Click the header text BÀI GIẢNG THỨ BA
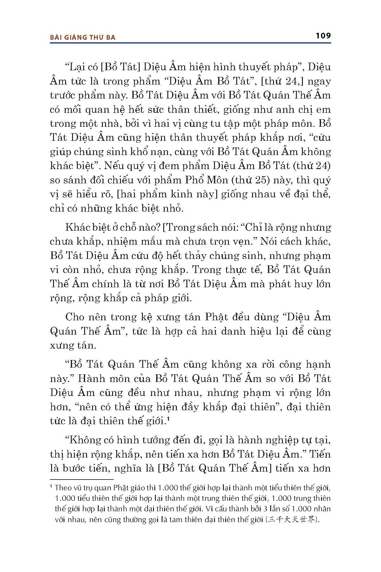pos(83,37)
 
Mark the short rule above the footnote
pos(82,479)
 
